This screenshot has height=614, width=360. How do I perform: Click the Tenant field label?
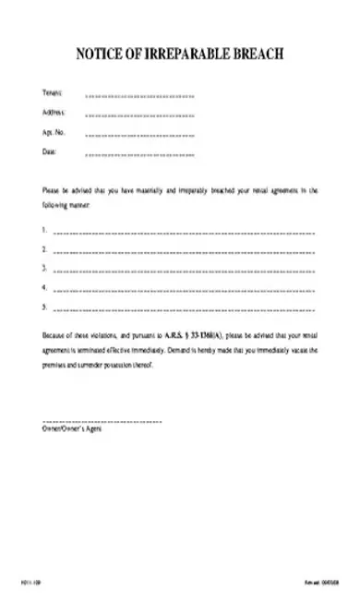pyautogui.click(x=52, y=93)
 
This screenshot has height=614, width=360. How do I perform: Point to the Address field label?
pyautogui.click(x=54, y=113)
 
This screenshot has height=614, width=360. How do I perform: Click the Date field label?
pyautogui.click(x=49, y=151)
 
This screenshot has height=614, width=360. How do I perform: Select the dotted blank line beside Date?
pyautogui.click(x=139, y=154)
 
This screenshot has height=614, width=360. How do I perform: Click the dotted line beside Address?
pyautogui.click(x=139, y=115)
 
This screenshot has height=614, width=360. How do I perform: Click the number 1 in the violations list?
pyautogui.click(x=44, y=228)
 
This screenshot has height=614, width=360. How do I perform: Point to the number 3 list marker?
pyautogui.click(x=44, y=268)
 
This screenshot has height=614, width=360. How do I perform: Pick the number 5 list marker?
pyautogui.click(x=44, y=307)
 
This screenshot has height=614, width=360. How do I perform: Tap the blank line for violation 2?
pyautogui.click(x=184, y=251)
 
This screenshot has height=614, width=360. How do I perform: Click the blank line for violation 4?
pyautogui.click(x=184, y=291)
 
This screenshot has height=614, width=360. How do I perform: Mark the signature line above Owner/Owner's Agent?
pyautogui.click(x=102, y=421)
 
